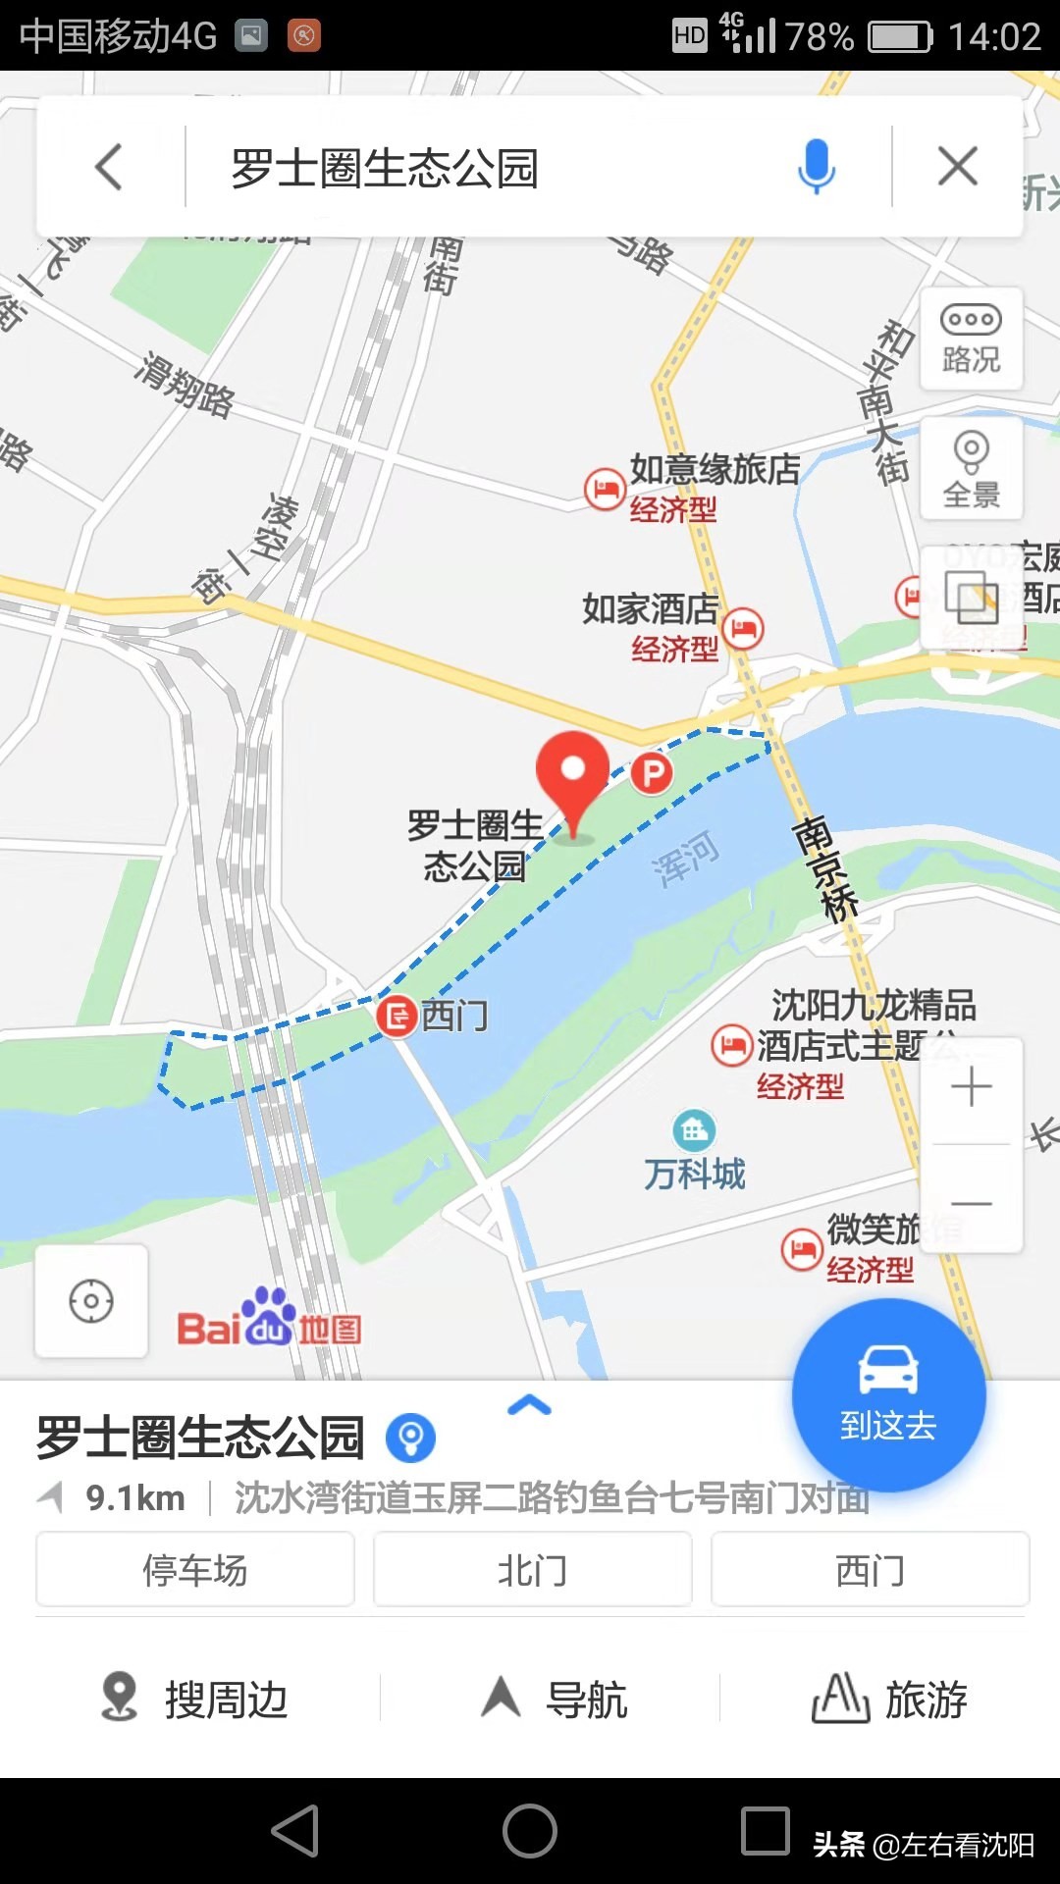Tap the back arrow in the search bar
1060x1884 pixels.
point(109,167)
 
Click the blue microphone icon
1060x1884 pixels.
point(816,166)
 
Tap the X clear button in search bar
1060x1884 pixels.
point(957,166)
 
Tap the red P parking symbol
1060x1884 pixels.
point(652,773)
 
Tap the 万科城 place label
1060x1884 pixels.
point(695,1173)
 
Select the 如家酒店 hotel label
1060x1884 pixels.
point(650,608)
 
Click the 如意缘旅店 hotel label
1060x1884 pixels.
point(715,469)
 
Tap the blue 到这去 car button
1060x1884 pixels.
point(888,1394)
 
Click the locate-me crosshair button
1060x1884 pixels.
point(91,1301)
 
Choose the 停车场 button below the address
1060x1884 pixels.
point(195,1570)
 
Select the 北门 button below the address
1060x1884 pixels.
point(532,1570)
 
